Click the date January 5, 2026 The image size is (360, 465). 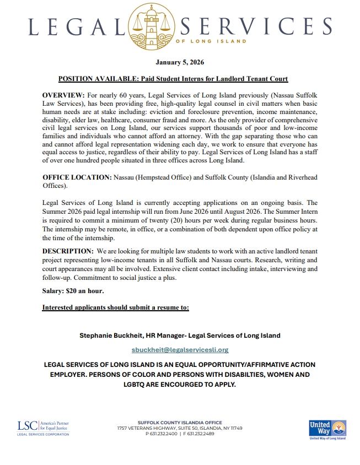[x=180, y=62]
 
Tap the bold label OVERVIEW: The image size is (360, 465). [x=62, y=95]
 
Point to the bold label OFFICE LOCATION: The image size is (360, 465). [x=77, y=177]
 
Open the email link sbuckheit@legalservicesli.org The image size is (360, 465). [x=180, y=349]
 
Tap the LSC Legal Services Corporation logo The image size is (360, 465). [x=43, y=428]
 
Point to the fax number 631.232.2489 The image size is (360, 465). [x=199, y=434]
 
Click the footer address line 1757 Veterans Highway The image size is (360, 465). [x=180, y=428]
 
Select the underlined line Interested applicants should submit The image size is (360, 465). [x=115, y=307]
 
